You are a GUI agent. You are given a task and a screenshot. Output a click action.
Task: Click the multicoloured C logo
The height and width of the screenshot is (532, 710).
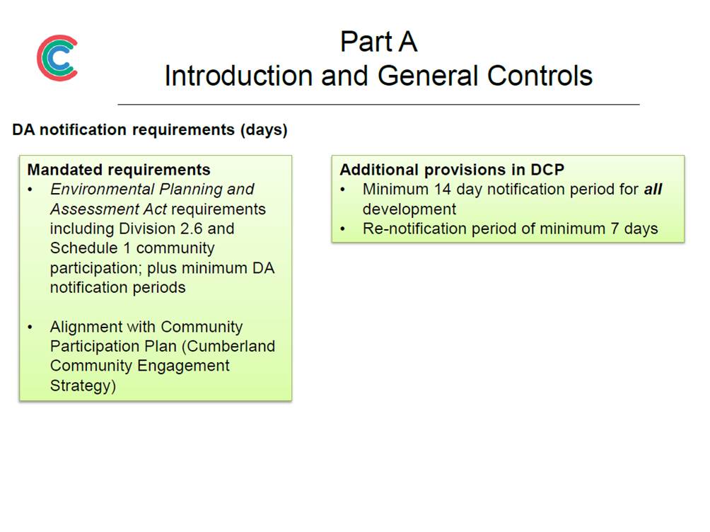(57, 58)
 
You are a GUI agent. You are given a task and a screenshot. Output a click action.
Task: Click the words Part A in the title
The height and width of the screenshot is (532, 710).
(378, 42)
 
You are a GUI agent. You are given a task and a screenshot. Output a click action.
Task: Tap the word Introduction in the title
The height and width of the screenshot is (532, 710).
(238, 75)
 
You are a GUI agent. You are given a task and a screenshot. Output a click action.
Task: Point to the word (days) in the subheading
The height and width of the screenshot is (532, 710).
(264, 130)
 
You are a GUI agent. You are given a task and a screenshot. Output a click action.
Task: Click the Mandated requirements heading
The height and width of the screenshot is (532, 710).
(119, 170)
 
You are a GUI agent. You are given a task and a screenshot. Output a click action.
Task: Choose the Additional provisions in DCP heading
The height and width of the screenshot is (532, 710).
(452, 170)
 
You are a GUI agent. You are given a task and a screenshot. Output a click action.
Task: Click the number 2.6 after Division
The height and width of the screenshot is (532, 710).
(191, 229)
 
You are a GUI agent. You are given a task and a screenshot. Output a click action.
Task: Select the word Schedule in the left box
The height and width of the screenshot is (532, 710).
(83, 248)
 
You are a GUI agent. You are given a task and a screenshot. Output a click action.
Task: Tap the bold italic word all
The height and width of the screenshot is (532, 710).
(653, 189)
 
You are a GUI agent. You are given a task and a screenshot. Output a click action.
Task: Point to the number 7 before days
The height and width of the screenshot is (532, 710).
(615, 229)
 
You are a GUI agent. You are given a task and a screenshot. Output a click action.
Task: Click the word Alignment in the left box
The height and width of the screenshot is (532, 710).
(86, 327)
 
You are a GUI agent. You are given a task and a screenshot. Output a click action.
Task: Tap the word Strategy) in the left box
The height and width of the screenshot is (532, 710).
(83, 386)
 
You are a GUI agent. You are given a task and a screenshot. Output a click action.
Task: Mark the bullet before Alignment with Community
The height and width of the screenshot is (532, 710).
(30, 327)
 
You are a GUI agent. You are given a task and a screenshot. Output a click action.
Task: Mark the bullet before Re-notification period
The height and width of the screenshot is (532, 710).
(343, 229)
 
